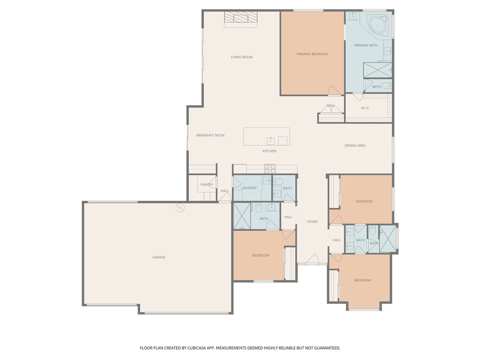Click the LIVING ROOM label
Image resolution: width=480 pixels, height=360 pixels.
[241, 57]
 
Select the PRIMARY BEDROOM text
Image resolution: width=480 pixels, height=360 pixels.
[312, 54]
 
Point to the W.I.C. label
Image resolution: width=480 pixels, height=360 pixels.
[366, 108]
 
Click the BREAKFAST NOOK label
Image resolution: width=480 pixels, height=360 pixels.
[210, 135]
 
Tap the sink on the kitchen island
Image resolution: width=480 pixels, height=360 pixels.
[271, 140]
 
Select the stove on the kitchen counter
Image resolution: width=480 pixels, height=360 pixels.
[270, 167]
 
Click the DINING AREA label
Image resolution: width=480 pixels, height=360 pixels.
[355, 146]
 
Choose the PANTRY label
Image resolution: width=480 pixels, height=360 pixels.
[207, 185]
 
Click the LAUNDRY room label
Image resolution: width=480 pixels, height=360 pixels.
[249, 188]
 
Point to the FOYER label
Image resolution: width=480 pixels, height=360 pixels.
[312, 222]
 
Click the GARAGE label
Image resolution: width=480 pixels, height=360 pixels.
[159, 257]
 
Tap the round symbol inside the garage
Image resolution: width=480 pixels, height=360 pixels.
[180, 207]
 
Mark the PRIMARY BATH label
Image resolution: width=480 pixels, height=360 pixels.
[366, 45]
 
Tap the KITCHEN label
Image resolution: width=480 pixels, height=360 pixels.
[269, 151]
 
